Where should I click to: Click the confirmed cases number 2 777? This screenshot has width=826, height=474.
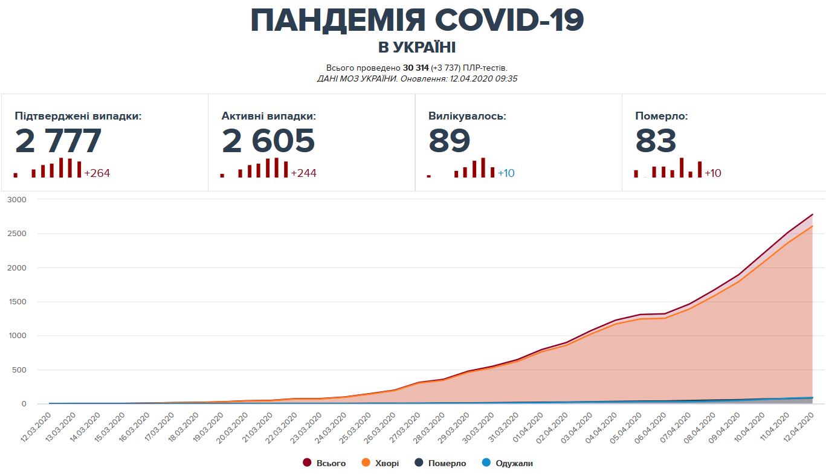(58, 141)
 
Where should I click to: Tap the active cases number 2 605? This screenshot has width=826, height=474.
(268, 141)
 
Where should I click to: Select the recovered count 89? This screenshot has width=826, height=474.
(449, 141)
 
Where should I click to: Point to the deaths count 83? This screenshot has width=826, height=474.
(656, 141)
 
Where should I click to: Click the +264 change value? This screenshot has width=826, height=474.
(97, 173)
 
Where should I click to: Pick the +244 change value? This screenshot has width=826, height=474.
(303, 173)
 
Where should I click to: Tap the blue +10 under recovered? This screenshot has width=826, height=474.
(506, 173)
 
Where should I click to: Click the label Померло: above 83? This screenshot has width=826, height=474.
(661, 116)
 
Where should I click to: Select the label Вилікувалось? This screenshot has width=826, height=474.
(467, 116)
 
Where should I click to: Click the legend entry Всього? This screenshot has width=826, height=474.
(331, 463)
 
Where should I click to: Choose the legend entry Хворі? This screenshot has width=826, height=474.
(387, 463)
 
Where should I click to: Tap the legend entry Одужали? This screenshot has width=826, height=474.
(514, 463)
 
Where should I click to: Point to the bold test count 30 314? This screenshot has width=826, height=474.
(415, 68)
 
